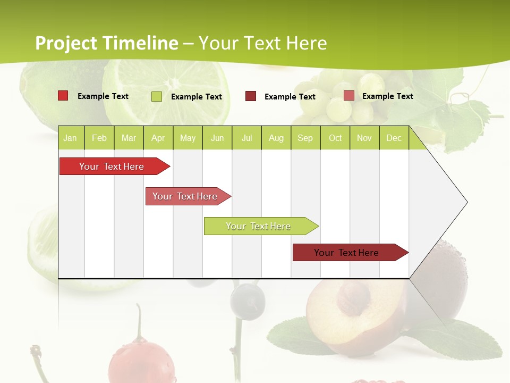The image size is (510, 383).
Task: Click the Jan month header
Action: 70,138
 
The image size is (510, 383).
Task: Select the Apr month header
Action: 158,138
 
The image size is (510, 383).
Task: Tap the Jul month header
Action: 246,138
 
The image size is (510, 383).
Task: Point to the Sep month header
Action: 305,138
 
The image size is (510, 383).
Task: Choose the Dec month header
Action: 394,138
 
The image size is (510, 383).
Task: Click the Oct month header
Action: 335,138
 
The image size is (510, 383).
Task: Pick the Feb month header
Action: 99,138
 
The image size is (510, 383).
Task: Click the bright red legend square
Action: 63,96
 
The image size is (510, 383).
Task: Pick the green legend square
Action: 157,96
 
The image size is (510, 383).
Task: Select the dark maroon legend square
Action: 251,96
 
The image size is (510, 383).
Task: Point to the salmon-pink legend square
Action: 348,96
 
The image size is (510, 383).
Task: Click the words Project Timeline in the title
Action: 106,43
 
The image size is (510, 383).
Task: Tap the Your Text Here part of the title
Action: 262,43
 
